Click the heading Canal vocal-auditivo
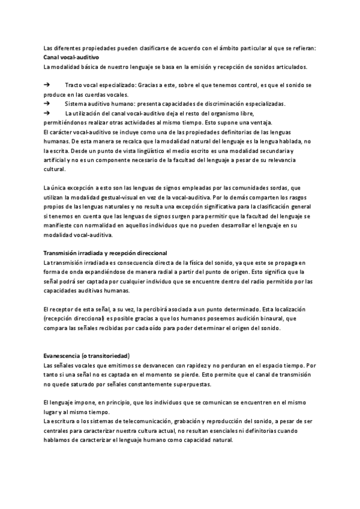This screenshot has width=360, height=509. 71,56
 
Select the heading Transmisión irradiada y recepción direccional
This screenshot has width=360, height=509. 106,253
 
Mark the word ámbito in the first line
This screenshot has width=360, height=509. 234,47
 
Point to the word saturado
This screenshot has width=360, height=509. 89,384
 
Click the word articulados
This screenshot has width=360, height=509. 289,66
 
